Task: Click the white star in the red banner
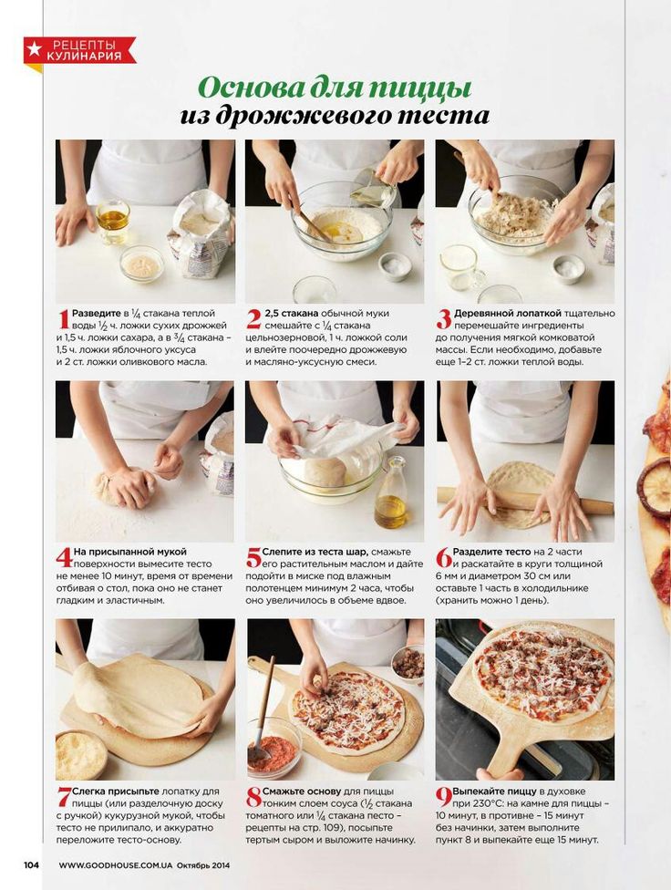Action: coord(35,49)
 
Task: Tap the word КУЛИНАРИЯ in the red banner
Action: coord(84,56)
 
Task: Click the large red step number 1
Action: coord(63,319)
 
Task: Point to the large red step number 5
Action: coord(253,558)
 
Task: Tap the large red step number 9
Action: coord(443,798)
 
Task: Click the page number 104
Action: coord(31,865)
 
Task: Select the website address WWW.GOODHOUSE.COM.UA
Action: coord(116,865)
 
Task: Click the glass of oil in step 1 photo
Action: coord(113,221)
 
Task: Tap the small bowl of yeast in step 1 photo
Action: coord(141,264)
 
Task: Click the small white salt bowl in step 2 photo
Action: coord(395,265)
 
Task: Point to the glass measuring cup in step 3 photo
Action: coord(460,267)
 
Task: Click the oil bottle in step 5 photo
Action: coord(391,492)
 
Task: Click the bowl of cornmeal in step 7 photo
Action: coord(80,754)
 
